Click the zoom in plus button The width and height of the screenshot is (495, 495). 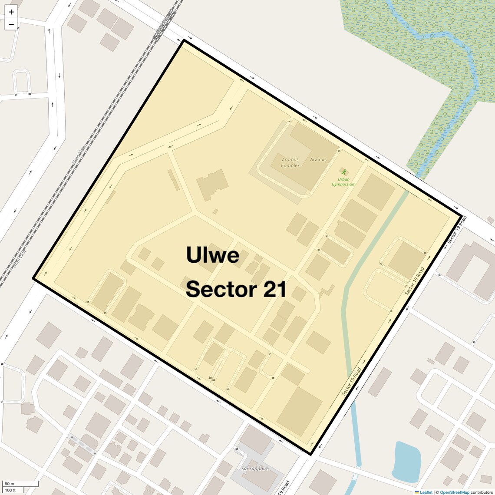point(11,12)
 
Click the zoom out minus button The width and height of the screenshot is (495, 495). point(11,24)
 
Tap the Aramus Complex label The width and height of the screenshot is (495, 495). point(290,162)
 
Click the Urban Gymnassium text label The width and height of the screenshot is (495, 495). point(343,181)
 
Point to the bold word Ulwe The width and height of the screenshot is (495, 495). point(212,254)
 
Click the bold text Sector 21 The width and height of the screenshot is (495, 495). point(236,289)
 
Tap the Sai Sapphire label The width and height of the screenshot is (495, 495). point(255,469)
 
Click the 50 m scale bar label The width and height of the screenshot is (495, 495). point(10,484)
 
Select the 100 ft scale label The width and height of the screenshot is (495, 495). point(10,490)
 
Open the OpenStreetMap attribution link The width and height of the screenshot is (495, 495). point(454,492)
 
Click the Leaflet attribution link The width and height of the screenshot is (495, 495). point(426,492)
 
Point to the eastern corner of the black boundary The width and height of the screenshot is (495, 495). point(461,215)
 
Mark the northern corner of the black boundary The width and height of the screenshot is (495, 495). point(184,40)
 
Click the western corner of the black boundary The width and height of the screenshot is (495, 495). point(33,279)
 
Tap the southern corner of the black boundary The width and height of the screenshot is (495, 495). point(310,455)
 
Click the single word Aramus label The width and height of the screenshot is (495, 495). point(318,160)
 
